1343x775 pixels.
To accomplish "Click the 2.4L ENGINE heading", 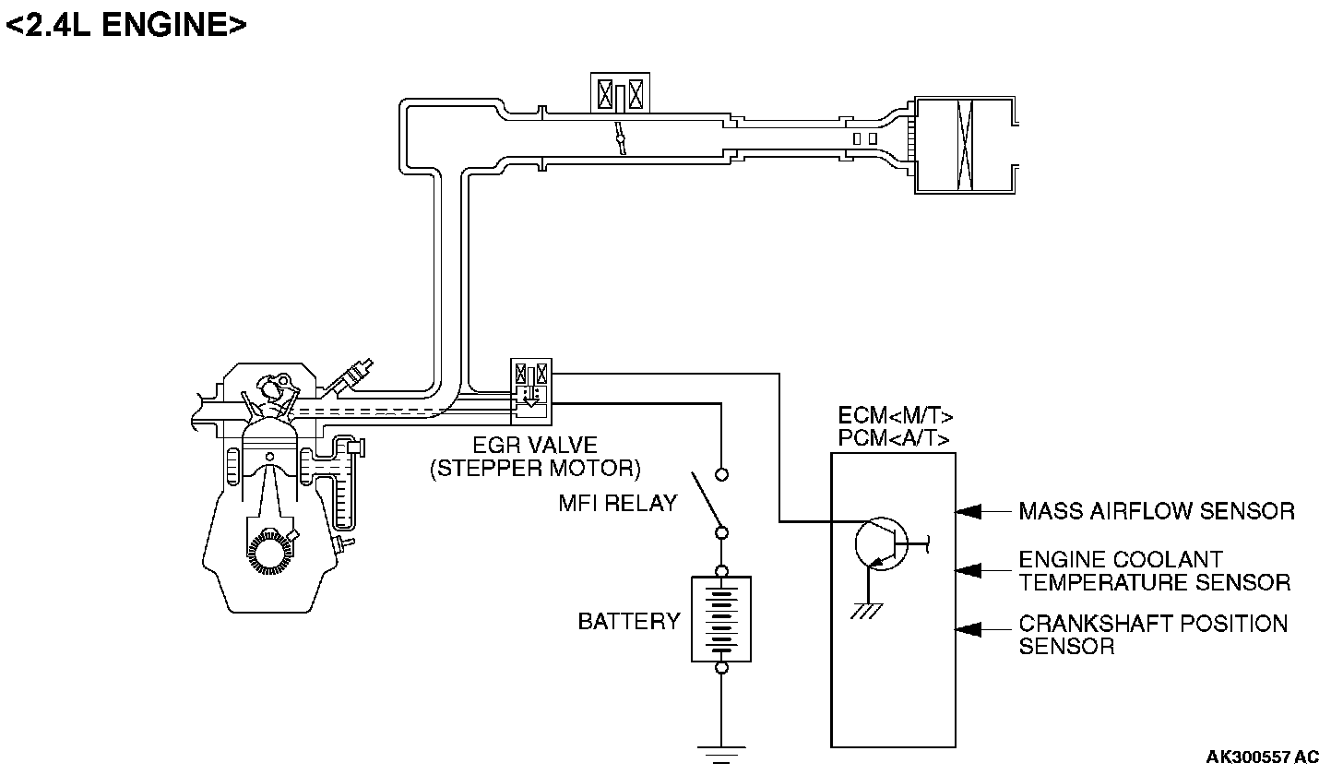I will tap(126, 25).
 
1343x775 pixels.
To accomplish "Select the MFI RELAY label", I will tap(617, 504).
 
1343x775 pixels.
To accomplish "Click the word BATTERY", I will tap(628, 621).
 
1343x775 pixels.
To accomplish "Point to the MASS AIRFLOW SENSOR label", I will tap(1157, 511).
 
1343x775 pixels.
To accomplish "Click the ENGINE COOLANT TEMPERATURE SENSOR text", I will tap(1154, 571).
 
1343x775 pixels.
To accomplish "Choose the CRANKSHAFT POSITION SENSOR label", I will tap(1152, 635).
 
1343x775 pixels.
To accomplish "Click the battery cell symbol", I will tap(721, 618).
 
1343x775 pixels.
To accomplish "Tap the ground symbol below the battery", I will tap(721, 753).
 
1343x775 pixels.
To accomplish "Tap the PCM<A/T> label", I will tap(895, 438).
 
